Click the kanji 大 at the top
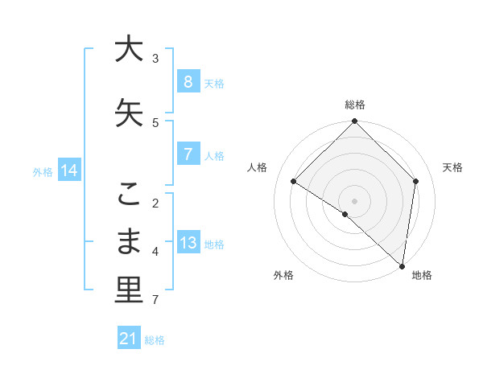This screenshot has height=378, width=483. tap(128, 49)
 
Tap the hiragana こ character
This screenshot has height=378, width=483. tap(128, 194)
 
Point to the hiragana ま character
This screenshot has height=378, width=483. tap(128, 242)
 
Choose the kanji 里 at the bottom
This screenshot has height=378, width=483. tap(128, 290)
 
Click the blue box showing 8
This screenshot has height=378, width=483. tap(188, 82)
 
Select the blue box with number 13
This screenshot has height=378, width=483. tap(188, 243)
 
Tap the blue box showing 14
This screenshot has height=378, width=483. tap(69, 170)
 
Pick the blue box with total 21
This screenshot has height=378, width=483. tap(128, 339)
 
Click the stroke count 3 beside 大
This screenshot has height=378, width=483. tap(155, 58)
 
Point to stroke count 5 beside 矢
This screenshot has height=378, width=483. tap(155, 122)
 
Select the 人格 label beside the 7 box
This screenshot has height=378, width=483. tap(213, 156)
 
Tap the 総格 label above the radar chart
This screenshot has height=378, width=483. tap(354, 105)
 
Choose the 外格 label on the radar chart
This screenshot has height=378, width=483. tap(283, 275)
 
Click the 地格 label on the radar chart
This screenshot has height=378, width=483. tap(422, 275)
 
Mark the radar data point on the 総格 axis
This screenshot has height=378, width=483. tap(354, 121)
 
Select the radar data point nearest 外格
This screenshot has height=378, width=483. tap(345, 214)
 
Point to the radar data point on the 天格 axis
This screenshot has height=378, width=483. tap(415, 181)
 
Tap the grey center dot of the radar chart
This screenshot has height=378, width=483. tap(354, 200)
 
